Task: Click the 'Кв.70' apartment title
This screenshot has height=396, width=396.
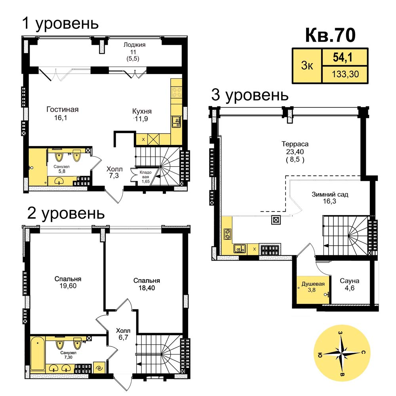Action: [x=330, y=35]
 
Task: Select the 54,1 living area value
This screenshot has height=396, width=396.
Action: [x=342, y=57]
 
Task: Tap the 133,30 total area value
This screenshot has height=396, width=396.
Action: [x=345, y=74]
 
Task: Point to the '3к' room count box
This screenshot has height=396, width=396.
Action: [x=307, y=66]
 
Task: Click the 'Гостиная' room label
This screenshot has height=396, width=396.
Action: [x=63, y=109]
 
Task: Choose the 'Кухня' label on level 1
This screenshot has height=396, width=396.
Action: [x=142, y=111]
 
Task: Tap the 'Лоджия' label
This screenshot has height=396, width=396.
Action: [x=134, y=45]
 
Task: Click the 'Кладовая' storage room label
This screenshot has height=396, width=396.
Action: [x=145, y=174]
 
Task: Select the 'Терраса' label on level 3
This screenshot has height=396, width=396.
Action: [x=295, y=144]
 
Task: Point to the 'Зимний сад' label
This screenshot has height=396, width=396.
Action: [x=330, y=194]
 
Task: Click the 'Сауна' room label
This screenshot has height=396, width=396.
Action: [x=350, y=281]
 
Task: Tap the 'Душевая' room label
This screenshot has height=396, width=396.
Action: [x=313, y=284]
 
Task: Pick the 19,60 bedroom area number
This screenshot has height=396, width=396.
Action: [x=68, y=286]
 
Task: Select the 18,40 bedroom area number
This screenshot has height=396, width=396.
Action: [x=147, y=287]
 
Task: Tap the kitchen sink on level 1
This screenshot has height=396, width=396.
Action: [x=176, y=122]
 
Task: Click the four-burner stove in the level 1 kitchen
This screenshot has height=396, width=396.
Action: [x=176, y=92]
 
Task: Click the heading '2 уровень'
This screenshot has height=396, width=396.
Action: [x=66, y=213]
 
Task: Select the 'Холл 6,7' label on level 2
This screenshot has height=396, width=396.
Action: [x=123, y=334]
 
